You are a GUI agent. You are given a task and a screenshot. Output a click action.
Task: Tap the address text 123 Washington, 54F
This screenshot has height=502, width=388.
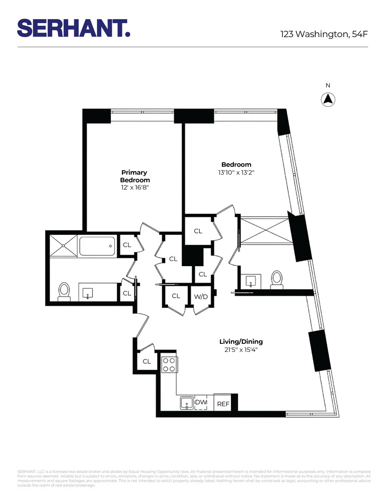[324, 34]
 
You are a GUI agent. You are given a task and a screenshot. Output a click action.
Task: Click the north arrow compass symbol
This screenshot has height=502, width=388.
[327, 99]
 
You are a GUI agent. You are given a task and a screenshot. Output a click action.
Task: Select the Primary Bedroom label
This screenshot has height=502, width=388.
[135, 176]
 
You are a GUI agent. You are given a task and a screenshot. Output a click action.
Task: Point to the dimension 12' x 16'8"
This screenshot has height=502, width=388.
[135, 188]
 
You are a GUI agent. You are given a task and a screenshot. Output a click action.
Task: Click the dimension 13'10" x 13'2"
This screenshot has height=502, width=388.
[236, 172]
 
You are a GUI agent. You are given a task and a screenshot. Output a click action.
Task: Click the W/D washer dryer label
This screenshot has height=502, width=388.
[200, 297]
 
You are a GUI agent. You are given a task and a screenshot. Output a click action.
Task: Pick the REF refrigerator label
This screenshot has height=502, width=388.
[223, 403]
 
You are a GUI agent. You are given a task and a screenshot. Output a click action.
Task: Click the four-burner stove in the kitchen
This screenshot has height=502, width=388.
[168, 364]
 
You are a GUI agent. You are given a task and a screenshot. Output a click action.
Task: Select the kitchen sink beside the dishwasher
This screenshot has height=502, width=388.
[186, 403]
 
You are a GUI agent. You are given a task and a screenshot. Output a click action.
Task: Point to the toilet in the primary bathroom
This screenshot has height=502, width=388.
[64, 291]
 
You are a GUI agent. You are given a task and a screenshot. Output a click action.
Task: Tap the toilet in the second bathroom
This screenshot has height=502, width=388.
[277, 279]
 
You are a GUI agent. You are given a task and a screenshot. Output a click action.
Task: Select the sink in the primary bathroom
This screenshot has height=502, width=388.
[88, 292]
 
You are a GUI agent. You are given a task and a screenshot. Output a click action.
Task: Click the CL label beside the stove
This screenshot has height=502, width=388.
[147, 361]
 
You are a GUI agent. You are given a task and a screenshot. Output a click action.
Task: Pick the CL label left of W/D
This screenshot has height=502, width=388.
[176, 296]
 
